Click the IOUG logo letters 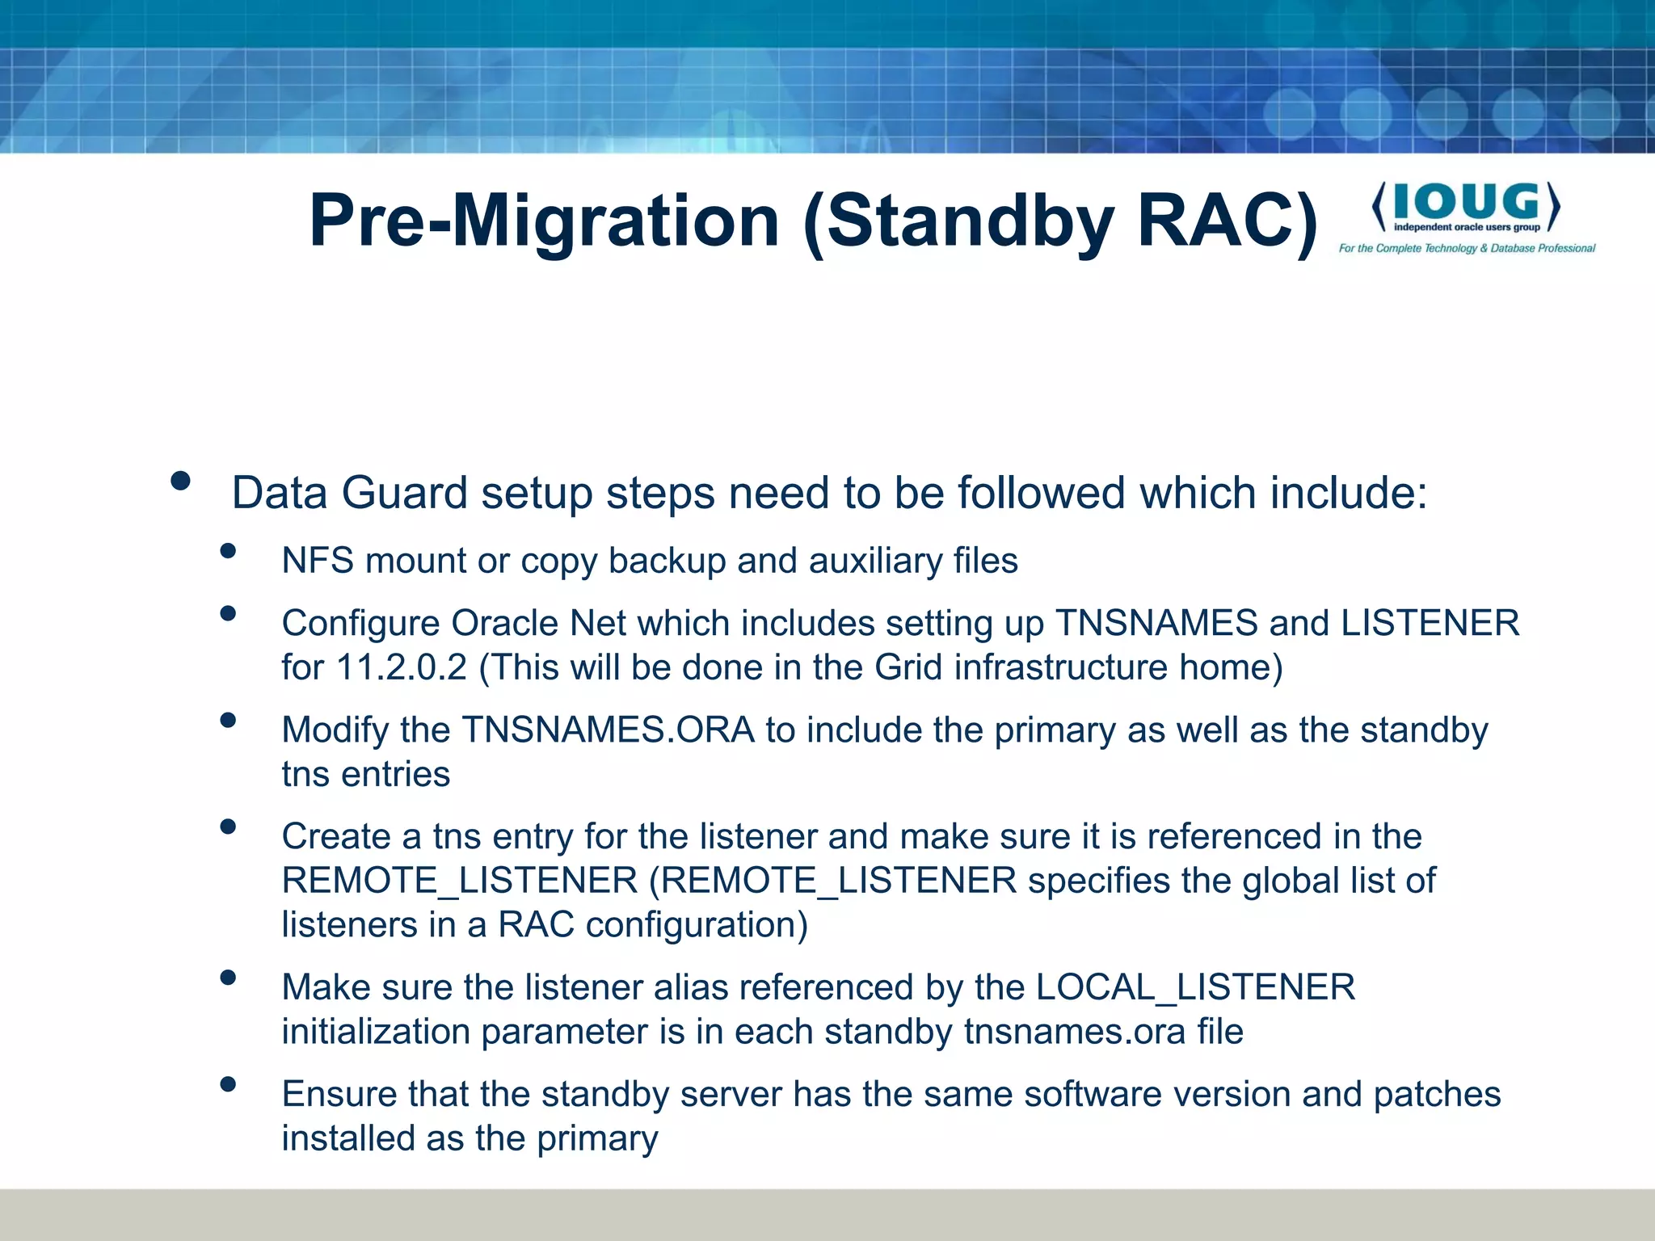click(x=1466, y=202)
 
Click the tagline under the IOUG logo click(x=1467, y=248)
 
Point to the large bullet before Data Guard click(x=180, y=482)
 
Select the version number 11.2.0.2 click(x=401, y=667)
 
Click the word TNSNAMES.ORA click(x=608, y=730)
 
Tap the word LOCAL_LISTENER click(x=1195, y=987)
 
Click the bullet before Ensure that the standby click(x=228, y=1084)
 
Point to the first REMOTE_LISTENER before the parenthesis click(x=459, y=881)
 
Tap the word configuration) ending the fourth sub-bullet click(x=697, y=925)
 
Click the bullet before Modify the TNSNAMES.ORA click(x=228, y=720)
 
